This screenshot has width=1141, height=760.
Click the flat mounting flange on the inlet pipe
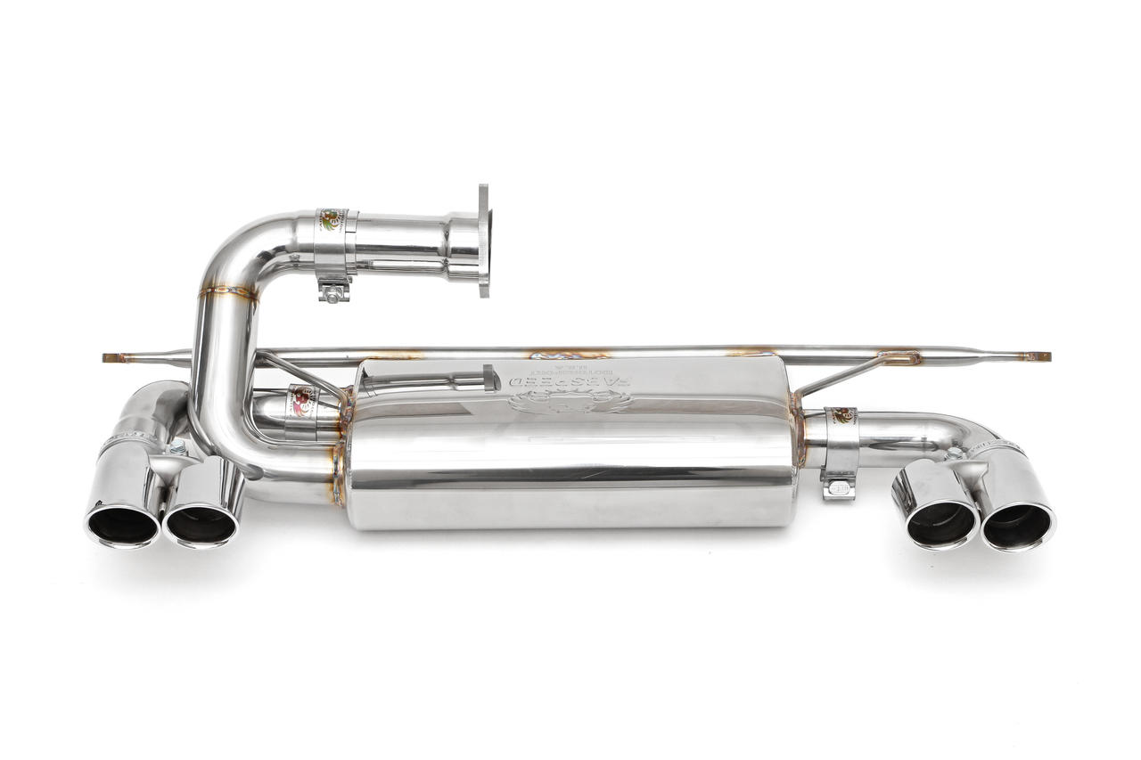483,240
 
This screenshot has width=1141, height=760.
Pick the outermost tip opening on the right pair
1017,527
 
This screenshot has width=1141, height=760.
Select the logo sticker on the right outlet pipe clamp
841,416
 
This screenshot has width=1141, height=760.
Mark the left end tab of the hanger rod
114,358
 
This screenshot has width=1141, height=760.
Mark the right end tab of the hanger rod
1036,356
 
